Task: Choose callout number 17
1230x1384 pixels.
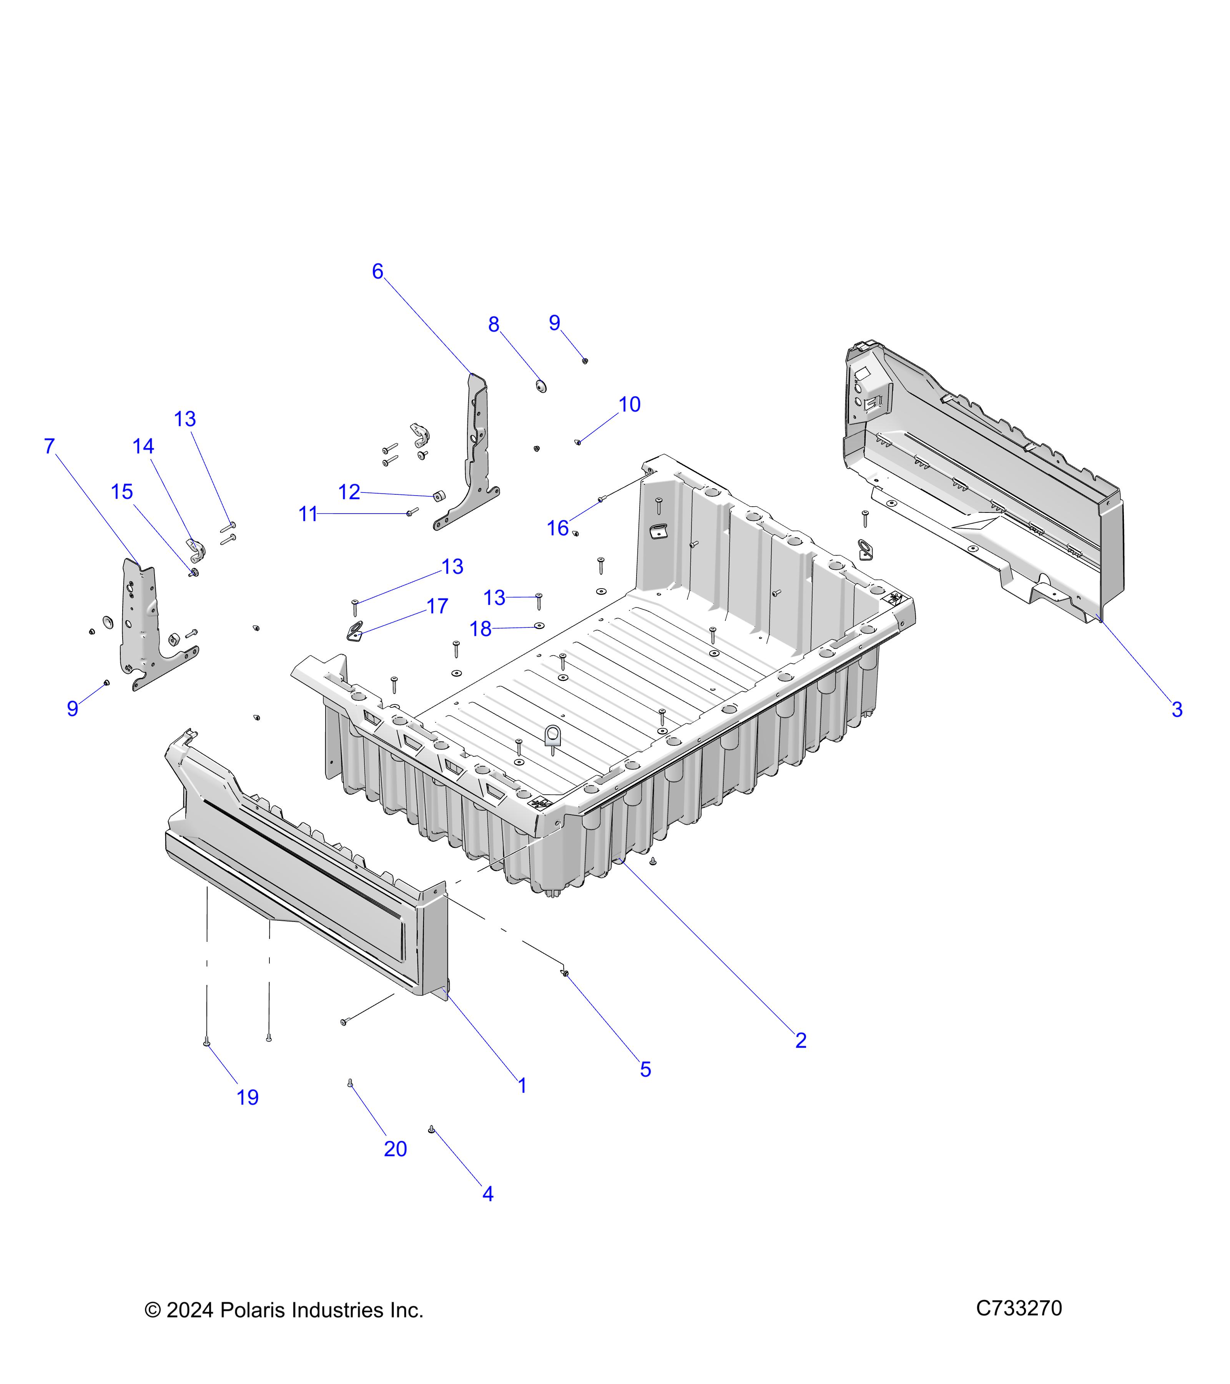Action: [x=437, y=606]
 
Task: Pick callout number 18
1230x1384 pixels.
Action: [x=480, y=629]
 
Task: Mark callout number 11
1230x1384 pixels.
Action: [x=307, y=515]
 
